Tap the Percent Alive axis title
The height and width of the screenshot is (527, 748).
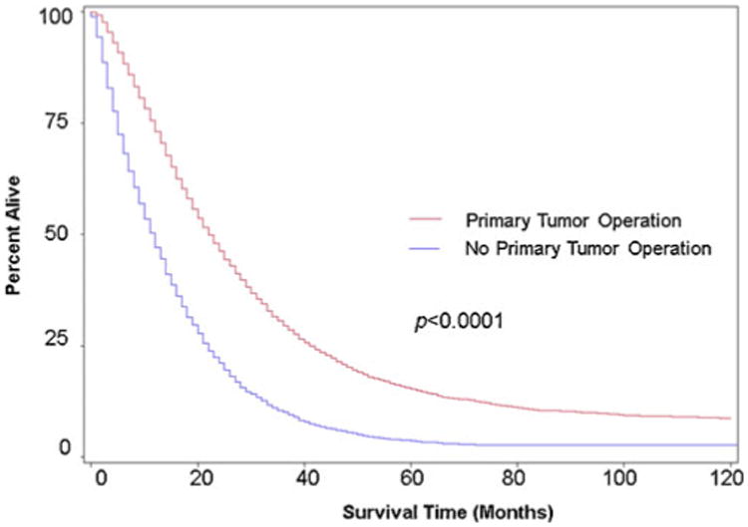click(17, 235)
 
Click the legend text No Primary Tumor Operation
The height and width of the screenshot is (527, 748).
click(581, 250)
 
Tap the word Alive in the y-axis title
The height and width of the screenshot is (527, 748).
click(17, 203)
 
